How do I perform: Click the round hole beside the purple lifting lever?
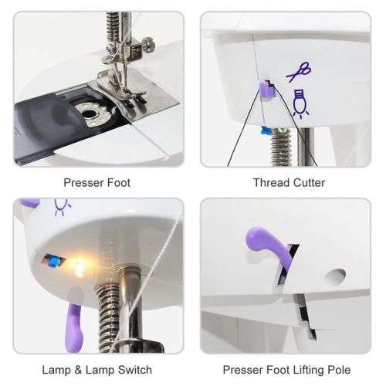335,276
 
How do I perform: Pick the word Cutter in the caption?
305,183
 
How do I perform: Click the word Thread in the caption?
269,183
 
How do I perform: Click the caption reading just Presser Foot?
96,183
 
